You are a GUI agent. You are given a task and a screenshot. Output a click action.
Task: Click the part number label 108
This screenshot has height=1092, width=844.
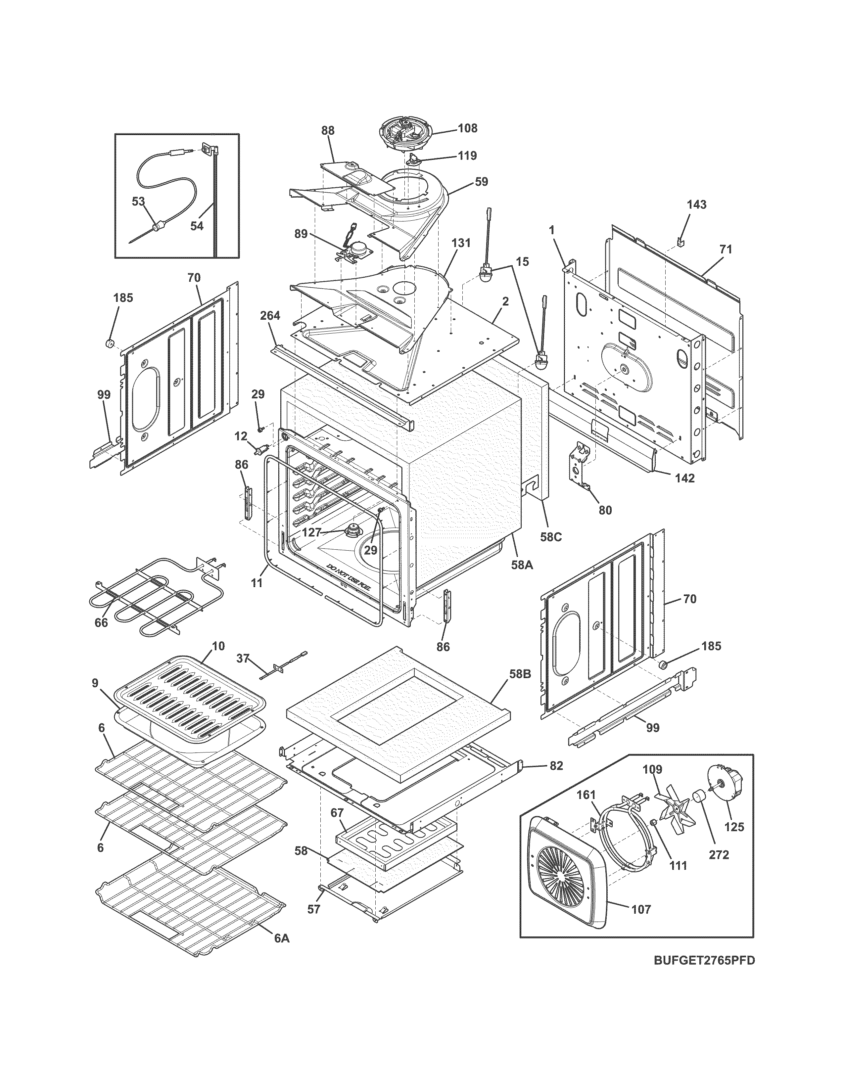467,128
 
